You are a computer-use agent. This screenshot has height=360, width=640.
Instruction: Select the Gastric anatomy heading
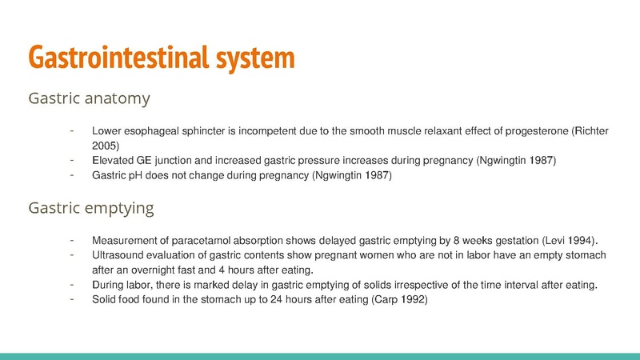[x=89, y=100]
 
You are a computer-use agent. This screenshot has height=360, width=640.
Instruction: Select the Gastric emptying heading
[x=91, y=209]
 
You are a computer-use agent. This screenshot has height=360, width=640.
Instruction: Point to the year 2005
[x=106, y=146]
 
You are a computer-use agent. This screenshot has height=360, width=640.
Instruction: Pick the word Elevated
[x=114, y=161]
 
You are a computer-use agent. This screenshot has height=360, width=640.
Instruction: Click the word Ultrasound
[x=118, y=255]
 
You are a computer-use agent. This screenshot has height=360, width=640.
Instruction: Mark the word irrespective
[x=418, y=286]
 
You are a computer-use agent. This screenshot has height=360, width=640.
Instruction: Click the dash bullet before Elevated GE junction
[x=72, y=160]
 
